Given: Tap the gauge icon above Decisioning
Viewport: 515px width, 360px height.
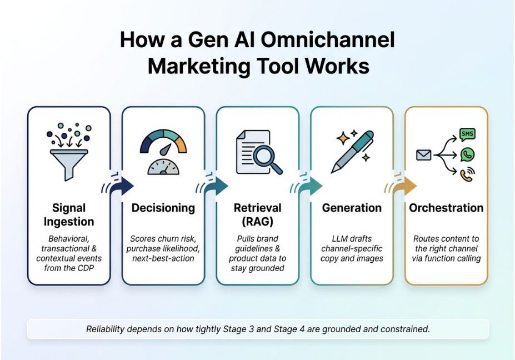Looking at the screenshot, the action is pos(163,151).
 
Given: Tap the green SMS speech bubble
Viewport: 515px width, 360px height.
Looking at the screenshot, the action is pos(467,134).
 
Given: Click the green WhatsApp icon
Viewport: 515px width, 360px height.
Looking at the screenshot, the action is pos(467,154).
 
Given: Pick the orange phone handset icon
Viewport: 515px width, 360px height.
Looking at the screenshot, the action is pos(467,175).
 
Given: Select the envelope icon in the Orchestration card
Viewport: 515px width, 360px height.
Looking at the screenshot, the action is pos(424,154).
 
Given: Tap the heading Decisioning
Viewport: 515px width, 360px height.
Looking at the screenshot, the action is pos(163,208).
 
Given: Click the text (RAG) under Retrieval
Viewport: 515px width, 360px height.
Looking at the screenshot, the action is pos(258,222).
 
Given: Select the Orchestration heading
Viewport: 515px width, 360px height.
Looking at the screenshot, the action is pos(446,208).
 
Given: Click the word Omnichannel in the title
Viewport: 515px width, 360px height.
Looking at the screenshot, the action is pos(328,40).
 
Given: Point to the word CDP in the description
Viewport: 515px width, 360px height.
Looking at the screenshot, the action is pos(86,268).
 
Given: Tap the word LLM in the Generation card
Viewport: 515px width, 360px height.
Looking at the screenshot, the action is pos(339,238).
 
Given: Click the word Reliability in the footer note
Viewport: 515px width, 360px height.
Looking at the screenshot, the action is pos(106,329).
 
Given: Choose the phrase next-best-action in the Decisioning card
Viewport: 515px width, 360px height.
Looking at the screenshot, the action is pos(163,258).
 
